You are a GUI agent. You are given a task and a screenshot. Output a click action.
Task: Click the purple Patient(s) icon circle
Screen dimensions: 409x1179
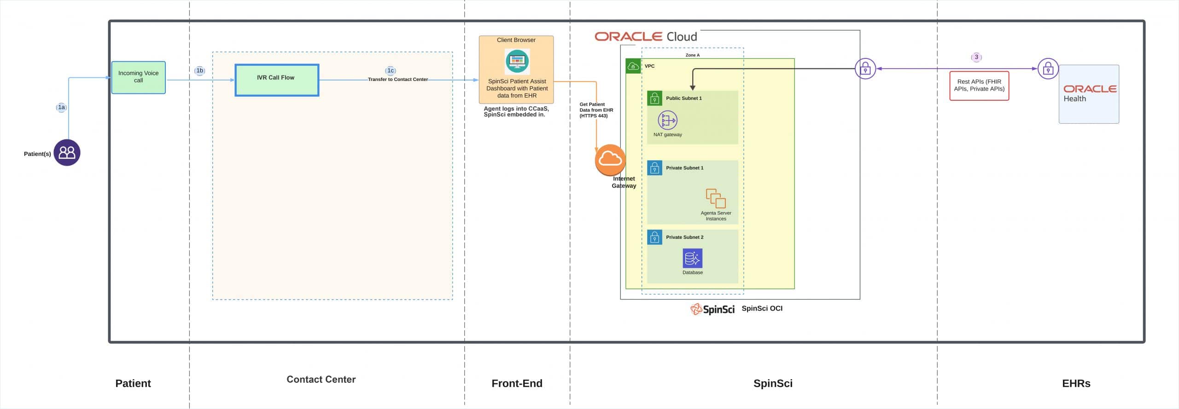pos(67,153)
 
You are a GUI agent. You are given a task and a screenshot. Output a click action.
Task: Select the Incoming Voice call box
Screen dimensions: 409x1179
pos(138,77)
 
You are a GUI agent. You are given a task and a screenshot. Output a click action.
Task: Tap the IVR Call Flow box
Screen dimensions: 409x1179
pos(276,80)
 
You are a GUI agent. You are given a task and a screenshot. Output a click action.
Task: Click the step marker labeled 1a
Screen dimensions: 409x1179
pos(61,107)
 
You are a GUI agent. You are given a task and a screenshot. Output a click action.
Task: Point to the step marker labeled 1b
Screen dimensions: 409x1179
pos(199,70)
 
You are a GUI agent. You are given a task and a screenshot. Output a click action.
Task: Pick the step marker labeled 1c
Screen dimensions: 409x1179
pos(390,70)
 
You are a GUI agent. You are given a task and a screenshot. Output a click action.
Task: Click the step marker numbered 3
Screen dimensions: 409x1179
pos(976,57)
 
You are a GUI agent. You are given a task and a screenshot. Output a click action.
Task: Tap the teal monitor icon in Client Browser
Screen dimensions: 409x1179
pos(517,61)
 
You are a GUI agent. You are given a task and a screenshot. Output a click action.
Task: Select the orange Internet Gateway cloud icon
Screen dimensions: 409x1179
pos(610,160)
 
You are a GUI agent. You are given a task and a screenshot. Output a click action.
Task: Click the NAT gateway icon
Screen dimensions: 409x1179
pos(667,121)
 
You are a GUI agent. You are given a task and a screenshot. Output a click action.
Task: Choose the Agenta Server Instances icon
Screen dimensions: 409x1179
pos(716,198)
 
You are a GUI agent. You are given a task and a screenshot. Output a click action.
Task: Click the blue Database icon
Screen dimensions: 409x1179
pos(692,258)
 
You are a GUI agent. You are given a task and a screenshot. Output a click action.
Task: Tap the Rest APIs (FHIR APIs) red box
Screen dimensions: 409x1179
pos(979,86)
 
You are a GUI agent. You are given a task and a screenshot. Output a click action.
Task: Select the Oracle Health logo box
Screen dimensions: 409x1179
pos(1089,94)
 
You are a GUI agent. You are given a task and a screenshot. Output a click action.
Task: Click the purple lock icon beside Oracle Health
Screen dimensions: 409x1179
pos(1048,69)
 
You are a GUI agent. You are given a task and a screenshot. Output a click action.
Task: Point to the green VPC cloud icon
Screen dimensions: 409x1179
pos(633,66)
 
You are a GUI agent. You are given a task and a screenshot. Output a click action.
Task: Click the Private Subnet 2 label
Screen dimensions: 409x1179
pos(684,237)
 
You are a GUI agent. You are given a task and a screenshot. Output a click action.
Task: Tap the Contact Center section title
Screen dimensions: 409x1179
pos(321,380)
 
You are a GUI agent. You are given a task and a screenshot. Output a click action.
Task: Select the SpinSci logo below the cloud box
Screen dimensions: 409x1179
pos(712,309)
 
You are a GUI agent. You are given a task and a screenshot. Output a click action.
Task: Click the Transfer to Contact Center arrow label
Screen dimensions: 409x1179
pos(397,80)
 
